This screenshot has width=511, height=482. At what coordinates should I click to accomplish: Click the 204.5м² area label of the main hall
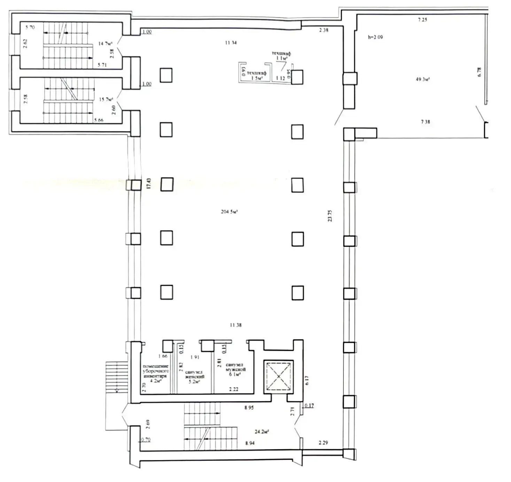coord(229,212)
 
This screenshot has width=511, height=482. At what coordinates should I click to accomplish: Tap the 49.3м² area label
coord(422,79)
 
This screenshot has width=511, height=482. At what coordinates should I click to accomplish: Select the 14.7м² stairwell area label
coord(105,44)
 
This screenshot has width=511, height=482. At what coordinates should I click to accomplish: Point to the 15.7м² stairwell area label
coord(106,100)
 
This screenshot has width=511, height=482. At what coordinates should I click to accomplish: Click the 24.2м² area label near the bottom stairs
coord(262,432)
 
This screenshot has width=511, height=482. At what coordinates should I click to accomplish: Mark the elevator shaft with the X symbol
coord(278,377)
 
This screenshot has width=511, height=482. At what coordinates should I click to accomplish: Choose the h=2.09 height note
coord(375,37)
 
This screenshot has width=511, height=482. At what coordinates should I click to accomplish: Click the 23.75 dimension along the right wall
coord(330,215)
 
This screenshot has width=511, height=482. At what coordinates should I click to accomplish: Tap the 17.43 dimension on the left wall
coord(149,183)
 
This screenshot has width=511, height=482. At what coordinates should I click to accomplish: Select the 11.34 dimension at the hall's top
coord(231,43)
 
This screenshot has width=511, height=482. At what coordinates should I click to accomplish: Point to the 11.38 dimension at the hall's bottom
coord(235,325)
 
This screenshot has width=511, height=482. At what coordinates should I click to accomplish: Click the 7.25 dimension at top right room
coord(422,20)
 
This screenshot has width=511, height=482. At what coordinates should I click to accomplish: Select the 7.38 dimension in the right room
coord(425,122)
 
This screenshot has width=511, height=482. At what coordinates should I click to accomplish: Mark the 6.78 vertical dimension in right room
coord(479,72)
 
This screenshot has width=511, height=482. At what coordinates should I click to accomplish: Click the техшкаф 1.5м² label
coord(256,76)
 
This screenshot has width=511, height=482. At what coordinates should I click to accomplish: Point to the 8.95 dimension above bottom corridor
coord(249,408)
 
